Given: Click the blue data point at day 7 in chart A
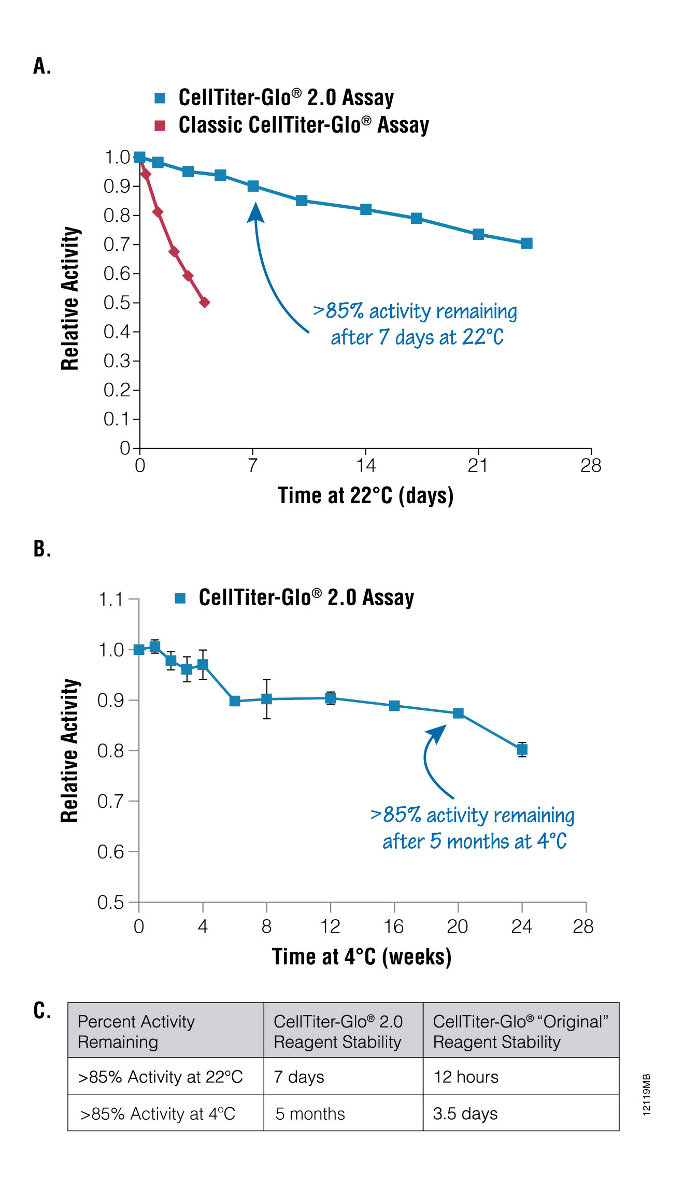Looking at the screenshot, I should [x=253, y=186].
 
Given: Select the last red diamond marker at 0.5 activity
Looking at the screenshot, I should [x=205, y=302].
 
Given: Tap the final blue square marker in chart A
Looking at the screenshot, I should [x=526, y=244].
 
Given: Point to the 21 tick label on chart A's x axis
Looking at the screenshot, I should [x=477, y=466].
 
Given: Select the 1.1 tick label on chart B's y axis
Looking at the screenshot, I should [x=110, y=599].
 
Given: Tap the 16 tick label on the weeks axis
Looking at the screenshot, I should [x=394, y=926].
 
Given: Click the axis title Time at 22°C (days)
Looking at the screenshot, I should [x=365, y=496].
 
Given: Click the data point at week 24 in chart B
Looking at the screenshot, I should [x=522, y=749].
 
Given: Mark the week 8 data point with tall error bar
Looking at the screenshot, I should [x=266, y=699].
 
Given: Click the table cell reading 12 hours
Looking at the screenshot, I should [x=466, y=1077].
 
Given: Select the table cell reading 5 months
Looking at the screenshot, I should [x=310, y=1114].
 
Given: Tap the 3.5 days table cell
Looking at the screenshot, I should [x=465, y=1114].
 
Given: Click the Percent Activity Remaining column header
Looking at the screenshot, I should [x=136, y=1032].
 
